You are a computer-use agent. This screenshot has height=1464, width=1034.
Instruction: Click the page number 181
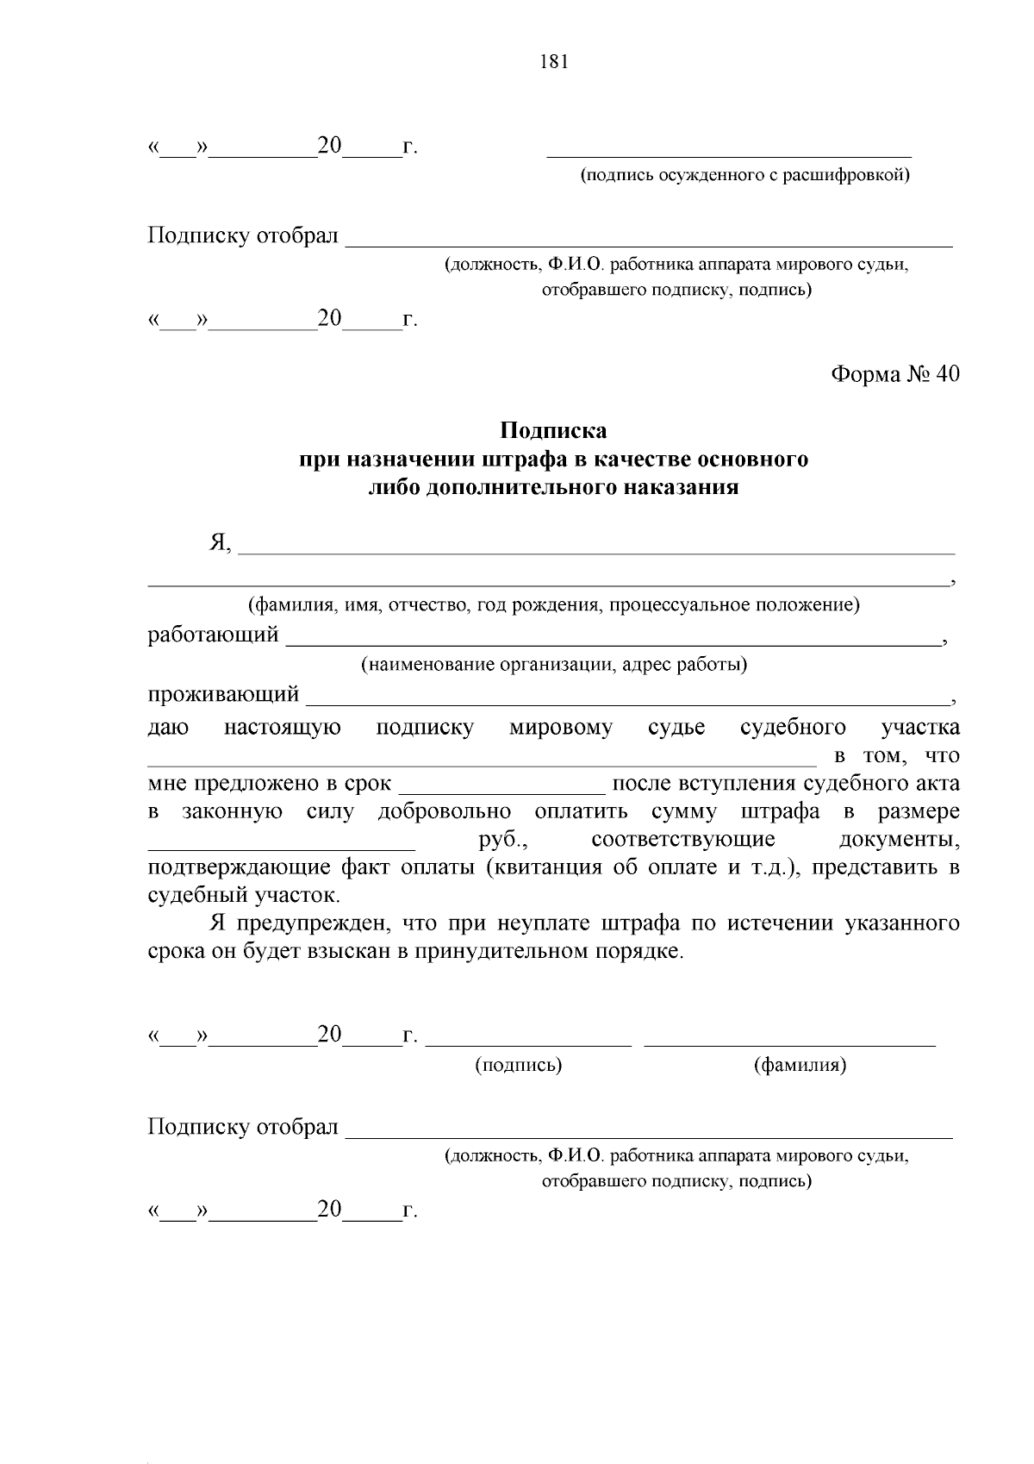(554, 62)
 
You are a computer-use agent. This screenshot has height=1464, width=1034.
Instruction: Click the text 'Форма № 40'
(894, 374)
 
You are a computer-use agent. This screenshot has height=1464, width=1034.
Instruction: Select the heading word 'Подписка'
(554, 429)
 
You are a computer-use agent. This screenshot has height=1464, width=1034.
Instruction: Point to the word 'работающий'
(214, 635)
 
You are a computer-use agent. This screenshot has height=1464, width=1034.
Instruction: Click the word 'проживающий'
(223, 694)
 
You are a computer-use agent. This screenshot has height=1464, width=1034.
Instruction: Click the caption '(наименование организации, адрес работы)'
(554, 665)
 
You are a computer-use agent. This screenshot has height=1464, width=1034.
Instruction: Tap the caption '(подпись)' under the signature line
(519, 1065)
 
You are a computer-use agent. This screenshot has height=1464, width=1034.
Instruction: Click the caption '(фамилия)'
(800, 1065)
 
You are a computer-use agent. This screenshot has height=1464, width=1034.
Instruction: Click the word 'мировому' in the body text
(560, 728)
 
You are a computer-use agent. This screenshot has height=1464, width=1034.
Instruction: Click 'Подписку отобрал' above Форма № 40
(243, 236)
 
